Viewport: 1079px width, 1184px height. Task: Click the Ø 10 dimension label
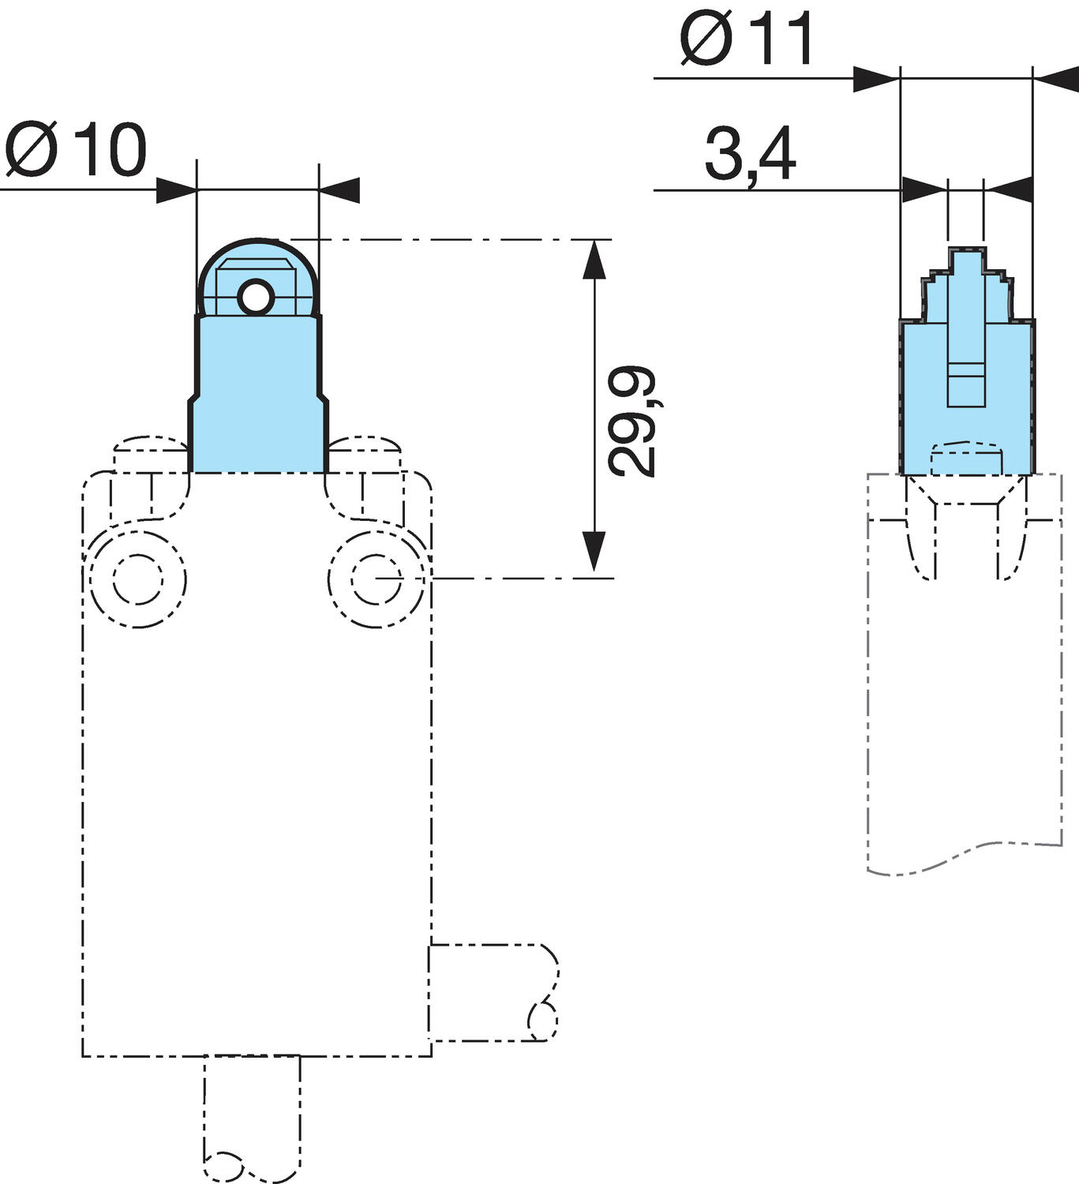point(77,150)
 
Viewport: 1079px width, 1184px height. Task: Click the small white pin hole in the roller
point(256,298)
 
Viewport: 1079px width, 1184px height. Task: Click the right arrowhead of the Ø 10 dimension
point(339,190)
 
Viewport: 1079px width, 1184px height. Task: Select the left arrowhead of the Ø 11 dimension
point(876,79)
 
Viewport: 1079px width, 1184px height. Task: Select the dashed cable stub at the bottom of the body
point(252,1117)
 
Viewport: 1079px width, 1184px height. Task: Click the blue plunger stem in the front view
point(257,395)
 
